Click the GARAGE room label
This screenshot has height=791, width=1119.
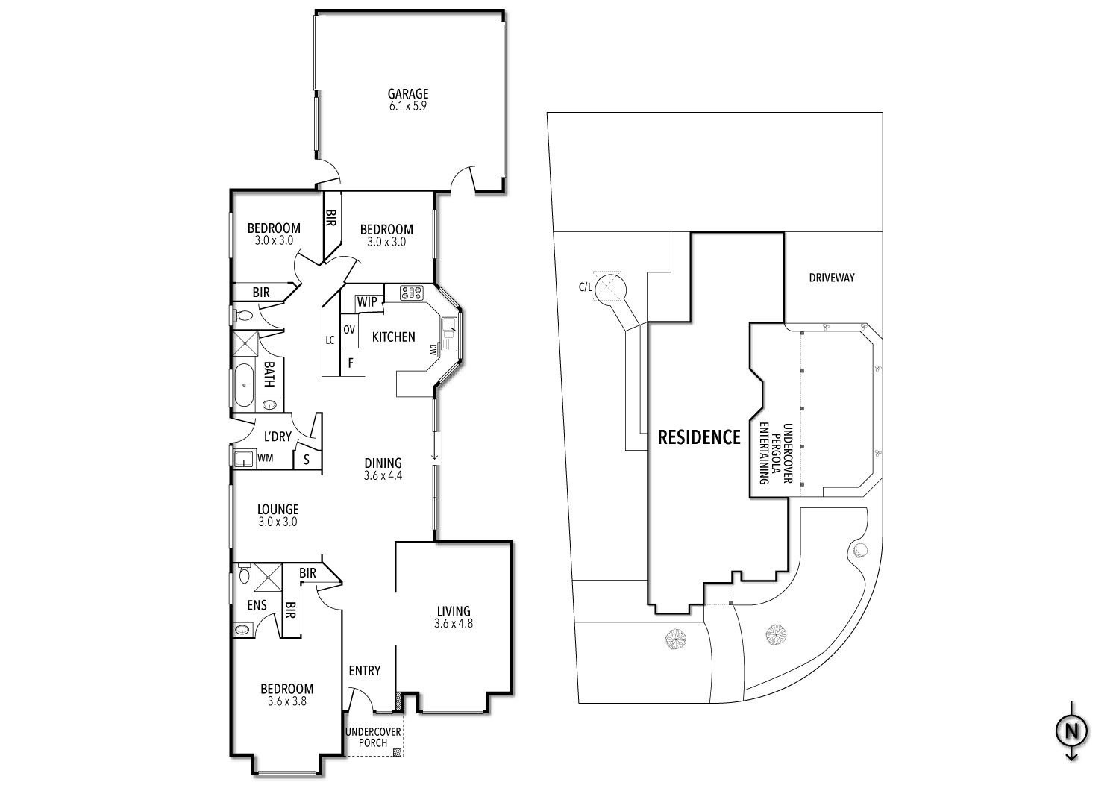point(407,94)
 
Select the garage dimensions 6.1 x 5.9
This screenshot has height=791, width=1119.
point(407,106)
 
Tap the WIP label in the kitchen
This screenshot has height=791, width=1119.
point(366,302)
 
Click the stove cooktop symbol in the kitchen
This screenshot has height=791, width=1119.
point(411,293)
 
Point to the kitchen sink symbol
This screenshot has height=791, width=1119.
point(449,334)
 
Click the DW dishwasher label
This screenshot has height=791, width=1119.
point(433,349)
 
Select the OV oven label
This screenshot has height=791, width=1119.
point(348,329)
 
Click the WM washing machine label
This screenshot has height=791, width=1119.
point(265,458)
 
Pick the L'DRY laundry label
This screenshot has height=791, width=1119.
point(278,437)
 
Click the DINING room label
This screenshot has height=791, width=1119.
point(383,463)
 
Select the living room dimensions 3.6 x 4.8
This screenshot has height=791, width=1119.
point(454,623)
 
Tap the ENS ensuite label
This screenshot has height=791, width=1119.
point(257,606)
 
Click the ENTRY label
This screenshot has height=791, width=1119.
point(365,671)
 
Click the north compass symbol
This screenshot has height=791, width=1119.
point(1071,731)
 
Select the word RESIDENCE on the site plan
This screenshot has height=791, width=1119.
point(698,437)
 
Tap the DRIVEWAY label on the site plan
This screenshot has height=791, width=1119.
point(832,278)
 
